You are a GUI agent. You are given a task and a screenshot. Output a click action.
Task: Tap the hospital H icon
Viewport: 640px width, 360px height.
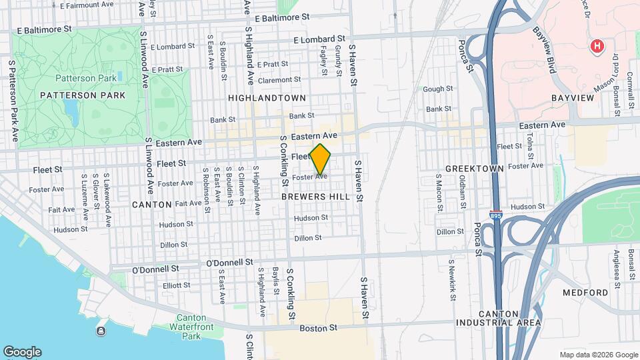(597, 46)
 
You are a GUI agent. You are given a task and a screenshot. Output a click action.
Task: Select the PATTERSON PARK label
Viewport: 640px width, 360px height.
(83, 95)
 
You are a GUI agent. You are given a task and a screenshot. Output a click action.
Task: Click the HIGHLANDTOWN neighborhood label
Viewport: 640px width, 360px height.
(267, 98)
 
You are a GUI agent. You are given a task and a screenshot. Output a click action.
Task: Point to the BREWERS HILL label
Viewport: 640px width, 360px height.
(315, 197)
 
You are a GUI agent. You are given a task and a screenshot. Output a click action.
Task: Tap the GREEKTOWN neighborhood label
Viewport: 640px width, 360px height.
(475, 169)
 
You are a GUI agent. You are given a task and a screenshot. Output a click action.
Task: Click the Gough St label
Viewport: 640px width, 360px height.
(438, 89)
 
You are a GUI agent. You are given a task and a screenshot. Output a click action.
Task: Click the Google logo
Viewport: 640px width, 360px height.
(22, 352)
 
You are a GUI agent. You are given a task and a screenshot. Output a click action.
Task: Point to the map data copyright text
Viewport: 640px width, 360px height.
(599, 355)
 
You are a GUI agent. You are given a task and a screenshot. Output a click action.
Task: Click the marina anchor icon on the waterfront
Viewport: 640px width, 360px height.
(101, 331)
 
